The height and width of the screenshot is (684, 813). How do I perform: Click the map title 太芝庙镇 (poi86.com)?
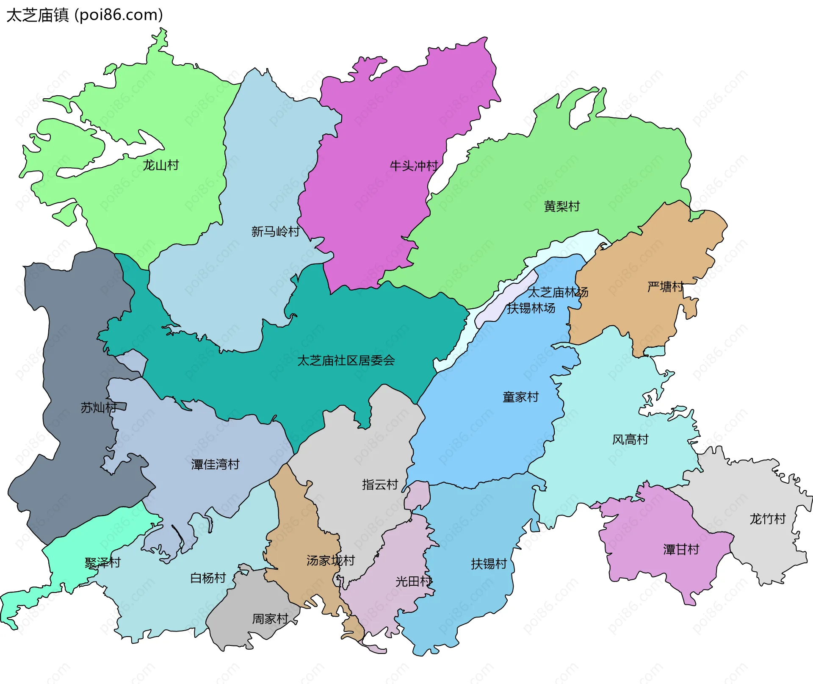pyautogui.click(x=85, y=15)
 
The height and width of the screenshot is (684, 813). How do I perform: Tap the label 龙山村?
pyautogui.click(x=160, y=165)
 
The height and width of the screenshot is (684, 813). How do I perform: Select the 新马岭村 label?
pyautogui.click(x=275, y=232)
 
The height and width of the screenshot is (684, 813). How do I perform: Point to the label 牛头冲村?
pyautogui.click(x=414, y=166)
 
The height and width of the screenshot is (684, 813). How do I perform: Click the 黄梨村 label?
pyautogui.click(x=561, y=207)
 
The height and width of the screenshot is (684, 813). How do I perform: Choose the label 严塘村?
pyautogui.click(x=665, y=287)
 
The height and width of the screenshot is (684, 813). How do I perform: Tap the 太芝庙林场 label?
pyautogui.click(x=558, y=292)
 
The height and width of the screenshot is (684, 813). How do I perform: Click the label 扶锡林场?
pyautogui.click(x=531, y=308)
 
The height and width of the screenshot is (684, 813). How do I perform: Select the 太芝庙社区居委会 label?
pyautogui.click(x=346, y=360)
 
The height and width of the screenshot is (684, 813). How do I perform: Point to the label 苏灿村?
pyautogui.click(x=98, y=408)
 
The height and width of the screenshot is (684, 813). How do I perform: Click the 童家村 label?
pyautogui.click(x=520, y=397)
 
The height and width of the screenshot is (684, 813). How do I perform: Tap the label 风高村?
pyautogui.click(x=630, y=440)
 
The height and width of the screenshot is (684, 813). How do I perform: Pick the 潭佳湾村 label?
pyautogui.click(x=215, y=465)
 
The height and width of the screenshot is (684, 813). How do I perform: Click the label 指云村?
pyautogui.click(x=380, y=485)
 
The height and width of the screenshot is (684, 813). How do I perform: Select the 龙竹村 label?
pyautogui.click(x=767, y=519)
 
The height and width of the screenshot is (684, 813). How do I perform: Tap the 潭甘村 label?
pyautogui.click(x=681, y=550)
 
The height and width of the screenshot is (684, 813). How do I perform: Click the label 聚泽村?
pyautogui.click(x=102, y=563)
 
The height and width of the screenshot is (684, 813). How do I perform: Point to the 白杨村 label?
pyautogui.click(x=208, y=578)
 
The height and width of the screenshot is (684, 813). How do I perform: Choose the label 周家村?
pyautogui.click(x=270, y=619)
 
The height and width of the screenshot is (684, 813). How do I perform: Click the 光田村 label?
pyautogui.click(x=413, y=582)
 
